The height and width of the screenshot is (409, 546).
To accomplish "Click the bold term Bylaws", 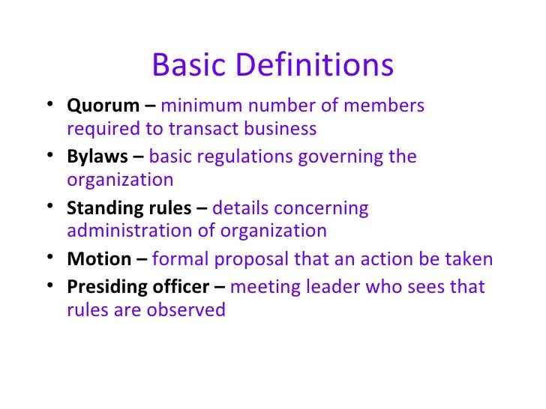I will click(94, 157).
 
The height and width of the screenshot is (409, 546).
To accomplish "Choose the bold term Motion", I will click(99, 259).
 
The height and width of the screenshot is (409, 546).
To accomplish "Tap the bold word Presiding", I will click(103, 287).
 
